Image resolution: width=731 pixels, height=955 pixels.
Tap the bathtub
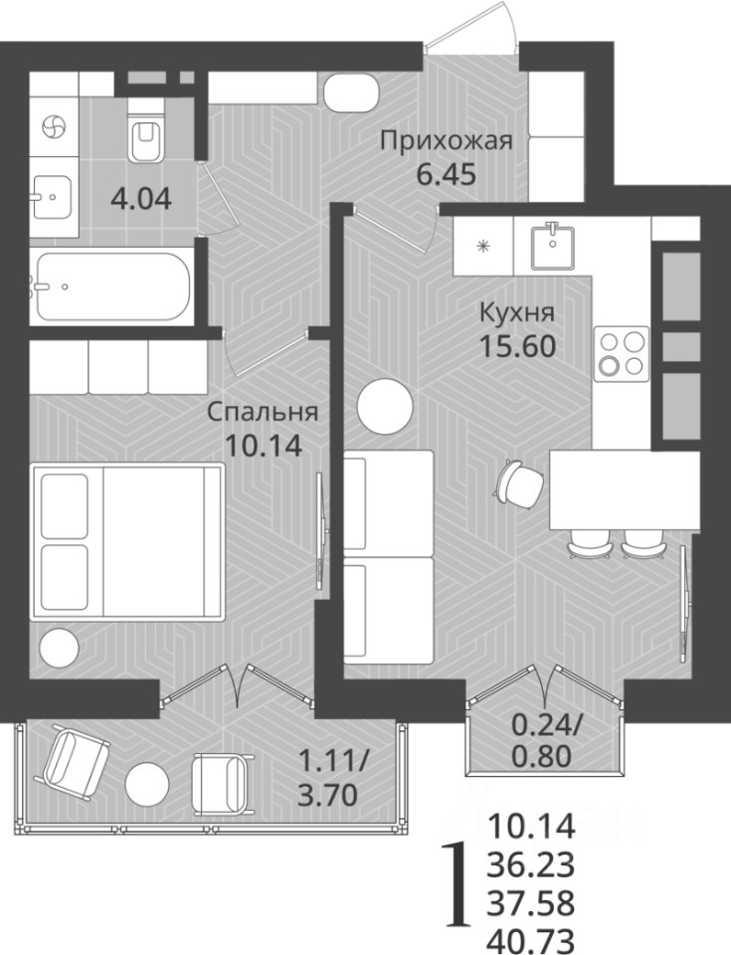[x=112, y=286]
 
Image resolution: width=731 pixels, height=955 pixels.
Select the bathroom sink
[x=53, y=197]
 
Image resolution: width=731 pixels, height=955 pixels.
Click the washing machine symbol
[x=53, y=127]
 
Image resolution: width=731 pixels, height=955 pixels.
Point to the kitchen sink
[x=553, y=245]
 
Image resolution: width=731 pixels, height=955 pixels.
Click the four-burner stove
[x=622, y=354]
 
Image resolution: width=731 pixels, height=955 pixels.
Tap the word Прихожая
[x=447, y=142]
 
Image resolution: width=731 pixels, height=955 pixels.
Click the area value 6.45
[x=446, y=175]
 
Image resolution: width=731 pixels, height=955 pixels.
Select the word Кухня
[x=517, y=313]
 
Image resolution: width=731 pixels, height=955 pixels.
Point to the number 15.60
[x=517, y=346]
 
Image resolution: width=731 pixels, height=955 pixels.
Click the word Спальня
[x=263, y=412]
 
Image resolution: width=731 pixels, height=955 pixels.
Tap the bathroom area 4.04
[x=141, y=199]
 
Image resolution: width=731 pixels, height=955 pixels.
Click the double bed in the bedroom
[x=127, y=541]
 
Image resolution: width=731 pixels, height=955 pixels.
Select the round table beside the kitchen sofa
[x=385, y=407]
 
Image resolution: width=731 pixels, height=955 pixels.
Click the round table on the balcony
[x=147, y=783]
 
